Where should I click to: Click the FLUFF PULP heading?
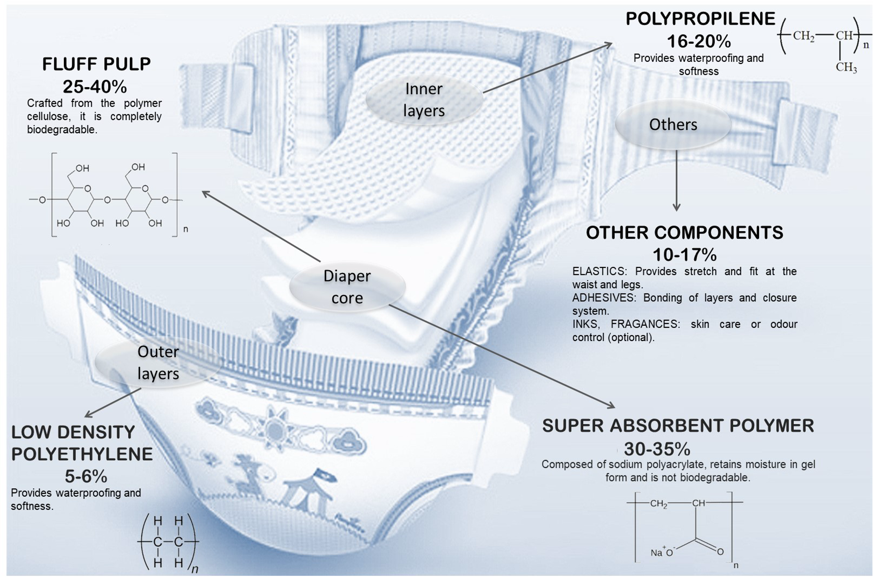tap(96, 64)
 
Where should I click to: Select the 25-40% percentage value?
tap(95, 87)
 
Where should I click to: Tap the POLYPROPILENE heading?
tap(700, 19)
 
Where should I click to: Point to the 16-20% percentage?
tap(698, 41)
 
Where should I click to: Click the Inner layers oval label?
tap(424, 100)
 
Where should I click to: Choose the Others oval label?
tap(673, 125)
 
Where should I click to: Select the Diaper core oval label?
tap(347, 287)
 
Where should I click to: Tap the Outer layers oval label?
tap(158, 363)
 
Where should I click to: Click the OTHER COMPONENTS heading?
tap(684, 233)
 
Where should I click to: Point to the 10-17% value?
tap(685, 255)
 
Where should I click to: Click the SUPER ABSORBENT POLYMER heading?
tap(678, 426)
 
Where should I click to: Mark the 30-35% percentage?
tap(657, 449)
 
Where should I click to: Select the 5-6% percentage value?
tap(86, 476)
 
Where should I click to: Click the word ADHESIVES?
tap(604, 298)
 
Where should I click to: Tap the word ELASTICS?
tap(600, 271)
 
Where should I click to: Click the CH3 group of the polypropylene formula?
tap(846, 67)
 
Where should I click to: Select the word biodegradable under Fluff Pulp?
tap(61, 130)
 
